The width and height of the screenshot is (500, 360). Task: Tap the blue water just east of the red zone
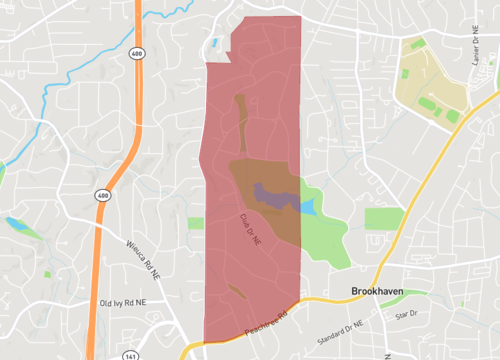click(308, 207)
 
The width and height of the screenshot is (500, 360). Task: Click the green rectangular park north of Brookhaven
click(383, 219)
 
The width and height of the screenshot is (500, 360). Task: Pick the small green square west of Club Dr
click(195, 223)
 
